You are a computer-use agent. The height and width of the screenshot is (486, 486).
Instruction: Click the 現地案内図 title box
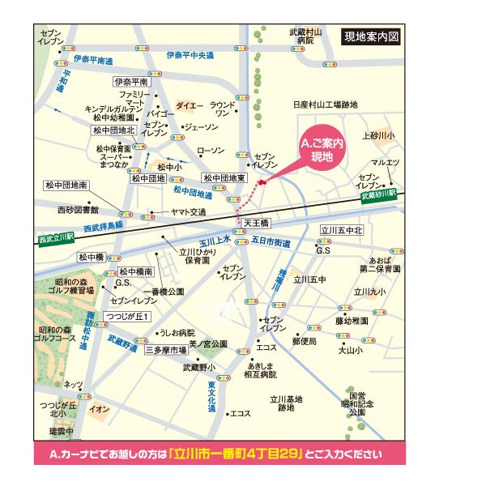[372, 38]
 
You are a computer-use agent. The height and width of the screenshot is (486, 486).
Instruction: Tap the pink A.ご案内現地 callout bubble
[322, 151]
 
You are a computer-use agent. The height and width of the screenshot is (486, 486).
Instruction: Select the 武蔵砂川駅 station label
[379, 195]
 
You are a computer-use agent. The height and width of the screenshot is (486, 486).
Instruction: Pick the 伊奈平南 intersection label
[131, 83]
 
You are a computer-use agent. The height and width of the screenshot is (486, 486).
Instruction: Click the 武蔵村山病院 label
[305, 36]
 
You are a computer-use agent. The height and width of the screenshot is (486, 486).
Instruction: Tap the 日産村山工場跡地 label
[325, 105]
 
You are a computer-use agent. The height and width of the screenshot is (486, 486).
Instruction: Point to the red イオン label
[100, 409]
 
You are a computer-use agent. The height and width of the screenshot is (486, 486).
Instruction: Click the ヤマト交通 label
[187, 212]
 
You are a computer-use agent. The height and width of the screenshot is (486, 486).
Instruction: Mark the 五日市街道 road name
[271, 241]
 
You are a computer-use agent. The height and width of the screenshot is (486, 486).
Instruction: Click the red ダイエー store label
[189, 106]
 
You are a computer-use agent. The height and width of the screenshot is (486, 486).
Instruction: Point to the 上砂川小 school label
[378, 135]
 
